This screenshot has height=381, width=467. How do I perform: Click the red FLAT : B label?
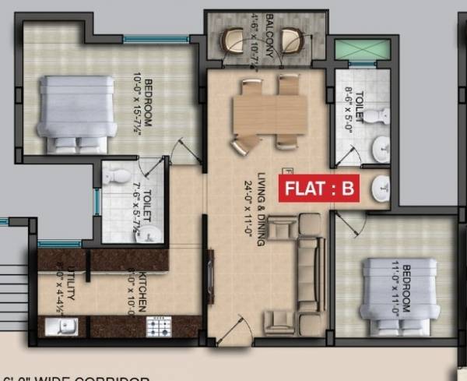pyautogui.click(x=320, y=188)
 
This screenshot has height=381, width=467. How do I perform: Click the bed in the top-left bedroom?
pyautogui.click(x=77, y=112)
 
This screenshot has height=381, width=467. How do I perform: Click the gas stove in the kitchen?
pyautogui.click(x=158, y=326)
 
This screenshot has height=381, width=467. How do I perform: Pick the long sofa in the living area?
pyautogui.click(x=310, y=273)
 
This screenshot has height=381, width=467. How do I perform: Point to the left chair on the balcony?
pyautogui.click(x=233, y=39)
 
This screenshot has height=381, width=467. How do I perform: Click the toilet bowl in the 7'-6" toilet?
pyautogui.click(x=117, y=176)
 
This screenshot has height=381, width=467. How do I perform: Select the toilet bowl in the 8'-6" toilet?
pyautogui.click(x=376, y=115)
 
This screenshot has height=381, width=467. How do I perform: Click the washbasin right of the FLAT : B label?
pyautogui.click(x=381, y=188)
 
